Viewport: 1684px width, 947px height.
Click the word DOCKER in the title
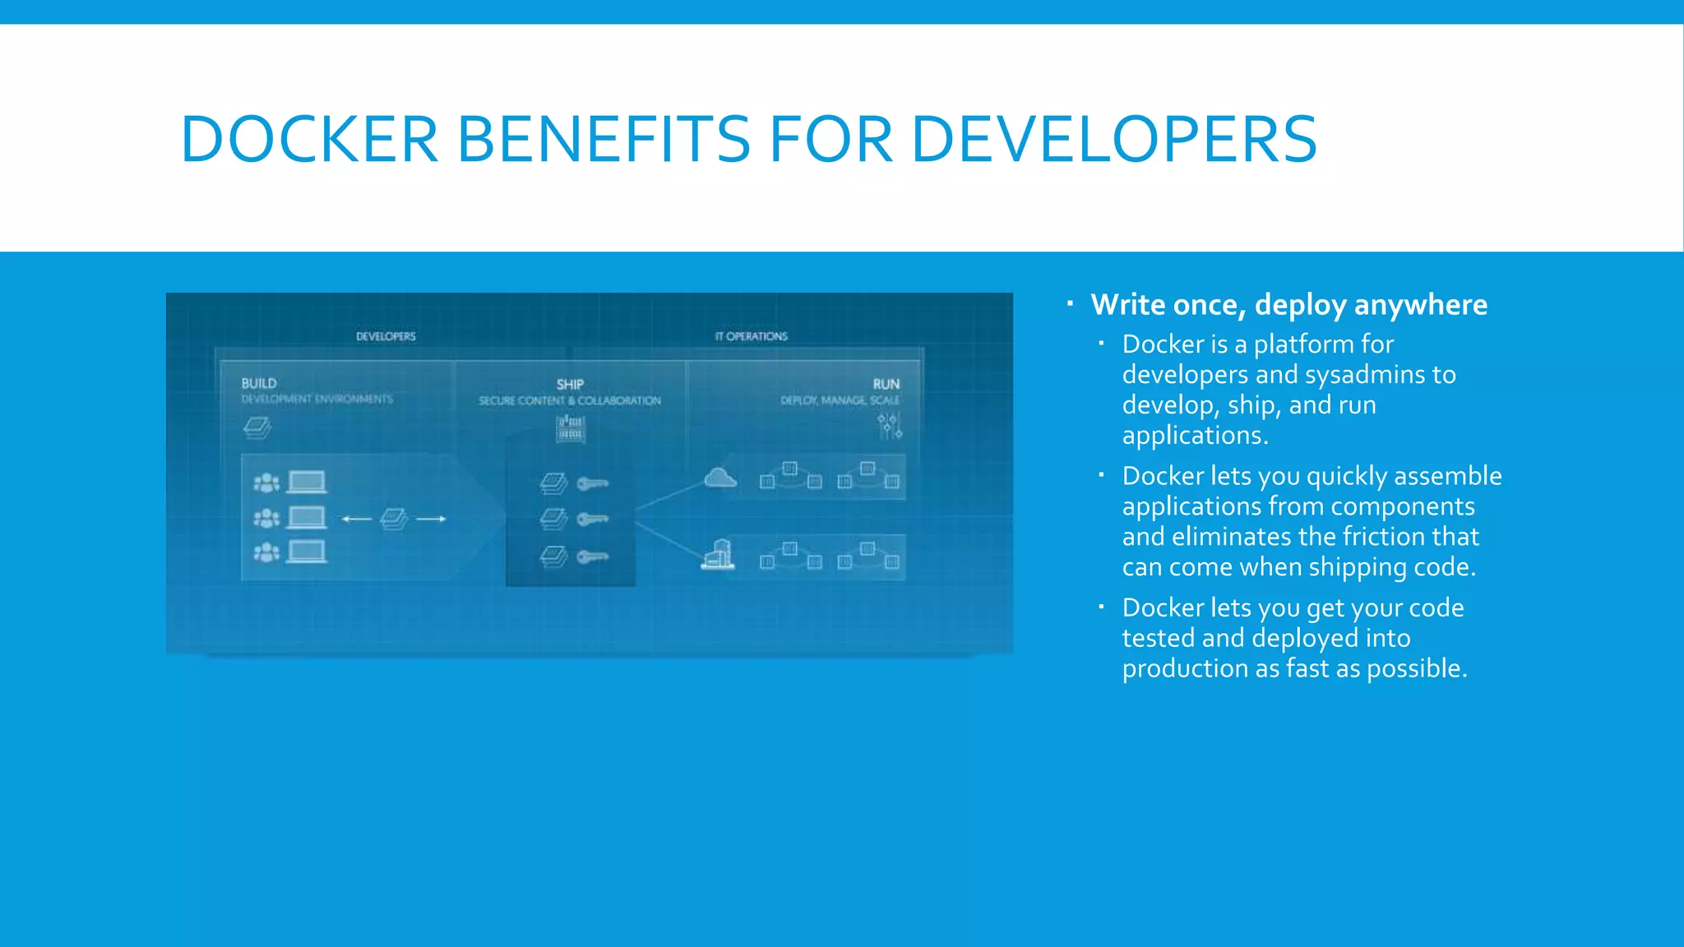309,139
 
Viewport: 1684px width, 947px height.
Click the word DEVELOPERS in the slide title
1114,139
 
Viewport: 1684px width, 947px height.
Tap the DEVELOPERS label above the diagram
386,336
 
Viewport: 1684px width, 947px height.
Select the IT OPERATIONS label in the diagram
751,336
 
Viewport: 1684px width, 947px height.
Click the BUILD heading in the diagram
259,383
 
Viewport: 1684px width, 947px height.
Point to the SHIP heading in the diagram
570,384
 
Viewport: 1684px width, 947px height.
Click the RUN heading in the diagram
886,384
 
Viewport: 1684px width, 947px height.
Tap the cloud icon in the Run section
720,478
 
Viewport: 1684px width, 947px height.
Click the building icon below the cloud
718,555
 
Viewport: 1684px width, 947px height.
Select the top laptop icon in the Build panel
307,482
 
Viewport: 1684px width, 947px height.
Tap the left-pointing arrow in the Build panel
356,519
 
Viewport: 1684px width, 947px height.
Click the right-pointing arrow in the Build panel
431,519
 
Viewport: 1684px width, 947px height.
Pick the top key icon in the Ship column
593,483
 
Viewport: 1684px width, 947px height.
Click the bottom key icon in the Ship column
593,557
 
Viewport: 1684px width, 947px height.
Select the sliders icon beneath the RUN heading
889,426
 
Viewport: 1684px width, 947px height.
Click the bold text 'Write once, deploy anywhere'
1288,305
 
